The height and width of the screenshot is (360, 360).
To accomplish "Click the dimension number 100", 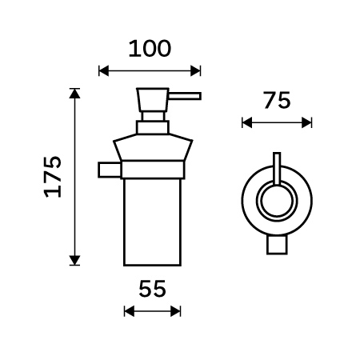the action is [150, 49].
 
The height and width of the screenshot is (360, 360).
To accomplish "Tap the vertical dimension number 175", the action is [53, 177].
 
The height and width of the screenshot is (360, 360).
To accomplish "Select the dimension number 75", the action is [277, 101].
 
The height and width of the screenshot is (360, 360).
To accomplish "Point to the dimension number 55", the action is [152, 289].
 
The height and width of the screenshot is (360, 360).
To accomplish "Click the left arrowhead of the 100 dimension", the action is [104, 71].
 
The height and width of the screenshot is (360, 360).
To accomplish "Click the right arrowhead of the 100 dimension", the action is [195, 71].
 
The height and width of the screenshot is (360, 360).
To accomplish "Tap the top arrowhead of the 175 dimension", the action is [74, 94].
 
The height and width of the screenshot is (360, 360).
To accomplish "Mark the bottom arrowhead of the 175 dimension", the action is [74, 260].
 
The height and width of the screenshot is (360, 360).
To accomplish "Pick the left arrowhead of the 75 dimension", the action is [247, 123].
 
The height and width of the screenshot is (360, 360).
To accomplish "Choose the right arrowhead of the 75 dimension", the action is [306, 123].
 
